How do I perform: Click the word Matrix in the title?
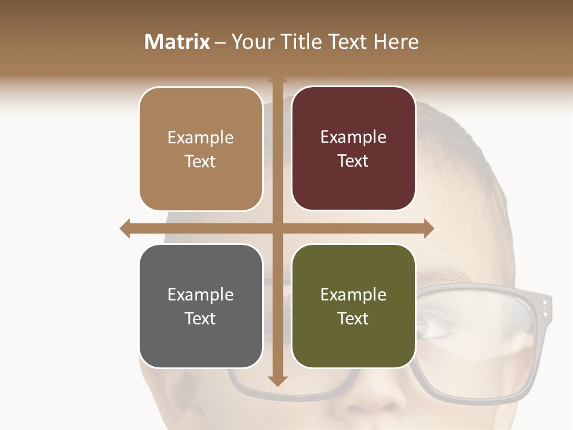pos(177,42)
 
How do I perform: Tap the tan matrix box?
pos(201,149)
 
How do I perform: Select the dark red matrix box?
pos(353,149)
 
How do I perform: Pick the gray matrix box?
pos(201,306)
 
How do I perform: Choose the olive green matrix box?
pos(353,306)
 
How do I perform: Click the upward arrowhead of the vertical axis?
pos(278,78)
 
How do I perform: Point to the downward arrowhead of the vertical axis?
pos(278,380)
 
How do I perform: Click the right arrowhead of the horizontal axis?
pos(428,228)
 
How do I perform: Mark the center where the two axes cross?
pos(278,228)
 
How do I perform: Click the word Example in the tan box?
pos(201,138)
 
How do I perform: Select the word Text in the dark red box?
pos(353,161)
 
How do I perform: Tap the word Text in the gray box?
pos(201,318)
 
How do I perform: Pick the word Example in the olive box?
pos(353,294)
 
